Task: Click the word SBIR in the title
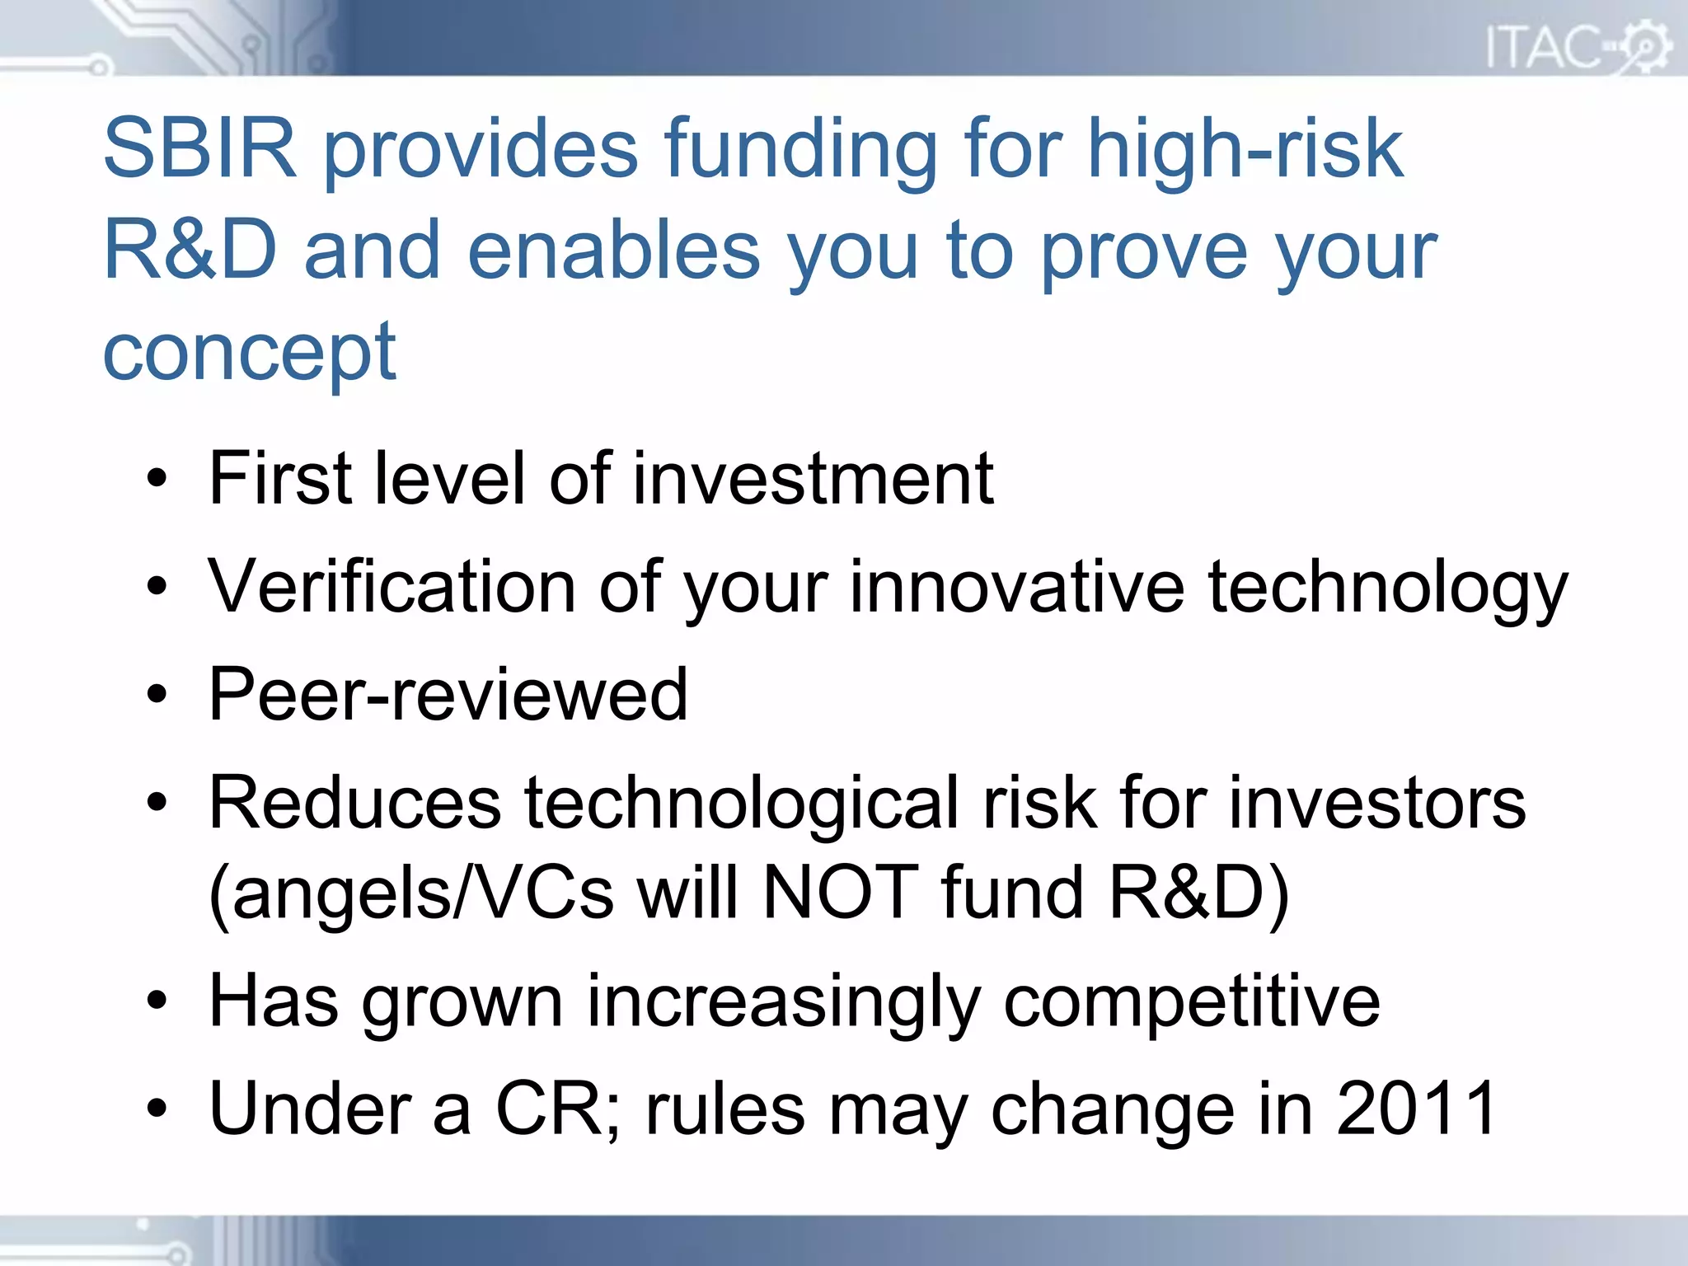tap(199, 149)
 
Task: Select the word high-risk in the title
tap(1245, 149)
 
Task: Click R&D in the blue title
tap(190, 251)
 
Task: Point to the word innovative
tap(1016, 587)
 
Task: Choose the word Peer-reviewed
tap(448, 695)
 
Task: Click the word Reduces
tap(355, 803)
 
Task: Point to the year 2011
tap(1416, 1109)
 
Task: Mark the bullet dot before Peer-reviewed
tap(157, 695)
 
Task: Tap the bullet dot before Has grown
tap(157, 1001)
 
